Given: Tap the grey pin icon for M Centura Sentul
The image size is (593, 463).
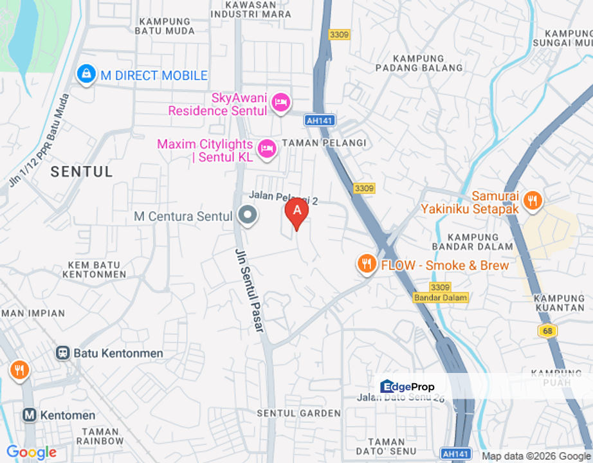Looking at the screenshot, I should click(247, 216).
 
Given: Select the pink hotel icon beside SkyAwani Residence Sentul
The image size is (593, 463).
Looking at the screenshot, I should click(280, 102).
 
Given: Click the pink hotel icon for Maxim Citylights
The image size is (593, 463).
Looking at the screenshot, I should click(266, 149).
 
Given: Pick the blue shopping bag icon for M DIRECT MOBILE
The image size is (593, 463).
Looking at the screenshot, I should click(85, 75).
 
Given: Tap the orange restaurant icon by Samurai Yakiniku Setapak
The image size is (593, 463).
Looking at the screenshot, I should click(532, 201).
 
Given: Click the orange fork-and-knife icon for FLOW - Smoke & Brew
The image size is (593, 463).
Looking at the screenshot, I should click(367, 264).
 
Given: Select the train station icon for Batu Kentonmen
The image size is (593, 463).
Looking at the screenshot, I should click(63, 353).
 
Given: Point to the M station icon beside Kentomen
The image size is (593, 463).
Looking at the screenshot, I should click(30, 415).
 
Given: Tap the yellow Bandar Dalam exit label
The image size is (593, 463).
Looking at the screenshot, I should click(441, 298).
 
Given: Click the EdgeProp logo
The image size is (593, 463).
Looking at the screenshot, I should click(408, 386).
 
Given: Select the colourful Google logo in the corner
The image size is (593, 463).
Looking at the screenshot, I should click(31, 453).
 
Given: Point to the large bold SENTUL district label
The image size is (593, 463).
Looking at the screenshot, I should click(82, 172).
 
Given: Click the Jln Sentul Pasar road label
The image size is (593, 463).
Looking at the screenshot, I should click(250, 290).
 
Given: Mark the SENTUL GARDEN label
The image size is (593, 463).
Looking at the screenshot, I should click(298, 413).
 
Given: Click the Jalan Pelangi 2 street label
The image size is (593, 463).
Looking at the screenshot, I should click(284, 197).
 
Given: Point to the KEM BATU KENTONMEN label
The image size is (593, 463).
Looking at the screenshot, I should click(94, 269).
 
